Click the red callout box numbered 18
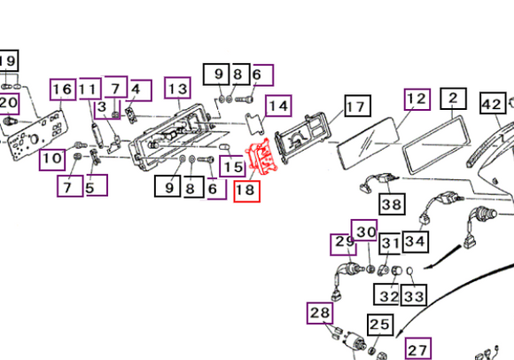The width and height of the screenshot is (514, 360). pyautogui.click(x=247, y=191)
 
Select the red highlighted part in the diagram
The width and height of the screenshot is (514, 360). pyautogui.click(x=261, y=156)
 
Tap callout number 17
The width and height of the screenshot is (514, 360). pyautogui.click(x=358, y=106)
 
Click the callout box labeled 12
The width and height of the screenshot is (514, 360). pyautogui.click(x=417, y=99)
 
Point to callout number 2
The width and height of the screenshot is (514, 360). pyautogui.click(x=454, y=98)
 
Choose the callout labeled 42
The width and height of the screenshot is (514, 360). pyautogui.click(x=493, y=103)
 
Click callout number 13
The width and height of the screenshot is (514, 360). pyautogui.click(x=177, y=88)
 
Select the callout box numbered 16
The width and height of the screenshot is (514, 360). pyautogui.click(x=63, y=90)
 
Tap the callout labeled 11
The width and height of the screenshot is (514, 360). pyautogui.click(x=90, y=89)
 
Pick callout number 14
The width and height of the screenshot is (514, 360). pyautogui.click(x=278, y=106)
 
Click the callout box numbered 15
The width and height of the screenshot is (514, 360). pyautogui.click(x=232, y=166)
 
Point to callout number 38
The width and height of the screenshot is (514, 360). pyautogui.click(x=392, y=204)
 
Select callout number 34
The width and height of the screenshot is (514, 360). pyautogui.click(x=416, y=242)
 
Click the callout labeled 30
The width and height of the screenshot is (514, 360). pyautogui.click(x=364, y=231)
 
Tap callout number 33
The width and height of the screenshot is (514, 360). pyautogui.click(x=414, y=295)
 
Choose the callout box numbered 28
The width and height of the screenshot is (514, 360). pyautogui.click(x=320, y=313)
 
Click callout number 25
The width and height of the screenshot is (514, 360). pyautogui.click(x=380, y=325)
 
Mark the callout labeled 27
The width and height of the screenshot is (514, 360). pyautogui.click(x=418, y=348)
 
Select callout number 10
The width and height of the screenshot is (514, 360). pyautogui.click(x=52, y=160)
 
